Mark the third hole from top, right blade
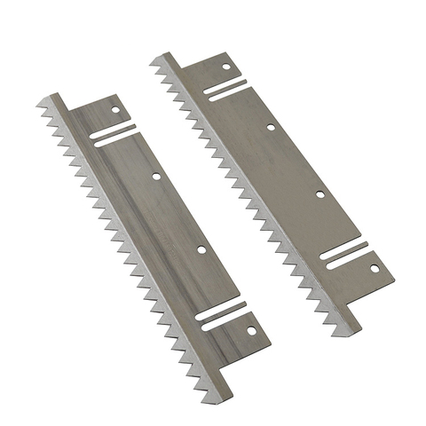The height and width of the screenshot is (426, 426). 319,193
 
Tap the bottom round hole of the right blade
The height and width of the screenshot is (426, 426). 374,267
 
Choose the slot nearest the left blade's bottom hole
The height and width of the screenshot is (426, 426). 224,318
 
